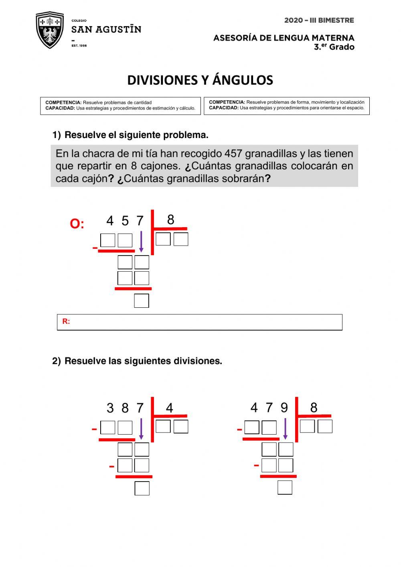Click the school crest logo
[50, 30]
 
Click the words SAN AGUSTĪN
[106, 29]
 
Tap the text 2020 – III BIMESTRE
[319, 20]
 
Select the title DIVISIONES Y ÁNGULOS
[200, 80]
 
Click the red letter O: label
[77, 224]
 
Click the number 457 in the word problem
[233, 154]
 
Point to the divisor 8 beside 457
[170, 219]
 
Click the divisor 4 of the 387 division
[169, 408]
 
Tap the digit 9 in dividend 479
[284, 408]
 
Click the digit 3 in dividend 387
[110, 408]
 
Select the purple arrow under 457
[141, 241]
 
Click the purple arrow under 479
[285, 429]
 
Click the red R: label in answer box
[66, 321]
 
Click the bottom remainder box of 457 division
[142, 301]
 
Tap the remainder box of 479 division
[285, 487]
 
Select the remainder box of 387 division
[142, 488]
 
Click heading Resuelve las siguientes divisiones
[143, 361]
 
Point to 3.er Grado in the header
[334, 47]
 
